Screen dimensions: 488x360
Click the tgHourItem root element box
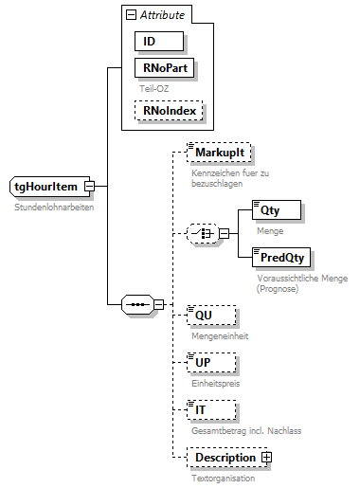[x=47, y=187]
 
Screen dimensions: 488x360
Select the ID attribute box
[x=158, y=43]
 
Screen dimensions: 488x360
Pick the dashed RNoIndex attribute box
[x=168, y=111]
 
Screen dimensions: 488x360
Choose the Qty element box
[x=270, y=211]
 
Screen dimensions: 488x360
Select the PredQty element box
[x=280, y=258]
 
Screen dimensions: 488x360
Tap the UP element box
[x=207, y=364]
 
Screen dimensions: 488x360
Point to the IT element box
[x=207, y=410]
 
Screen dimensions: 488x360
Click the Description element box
[x=225, y=458]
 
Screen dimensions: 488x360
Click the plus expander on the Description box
[x=266, y=458]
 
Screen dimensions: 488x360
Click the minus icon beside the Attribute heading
[x=129, y=16]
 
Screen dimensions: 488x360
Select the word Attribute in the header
[x=162, y=16]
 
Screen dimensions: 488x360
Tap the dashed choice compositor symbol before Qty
[x=200, y=233]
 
